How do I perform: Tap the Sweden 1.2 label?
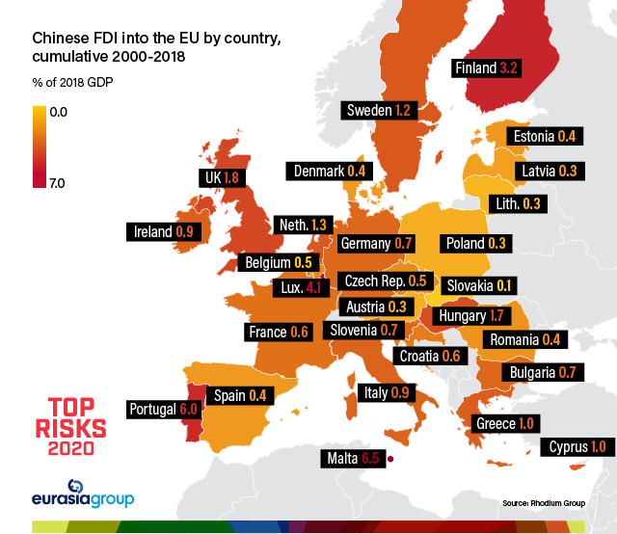380,111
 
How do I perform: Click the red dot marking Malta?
390,459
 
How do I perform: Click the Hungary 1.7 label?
471,315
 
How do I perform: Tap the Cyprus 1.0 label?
577,446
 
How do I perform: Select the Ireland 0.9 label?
163,231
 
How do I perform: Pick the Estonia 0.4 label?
545,136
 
